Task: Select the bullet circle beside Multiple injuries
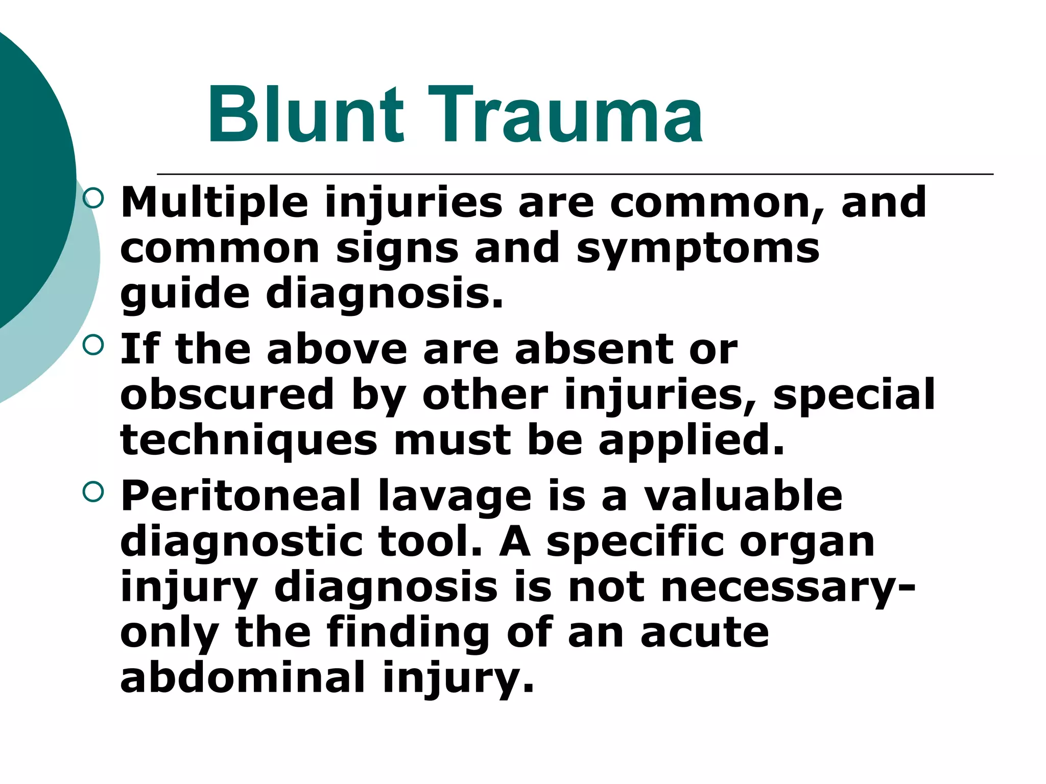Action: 93,198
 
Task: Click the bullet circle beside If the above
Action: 93,345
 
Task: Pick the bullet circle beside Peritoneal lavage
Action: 93,492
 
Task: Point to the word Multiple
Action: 214,203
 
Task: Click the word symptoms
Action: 698,249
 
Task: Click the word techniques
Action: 249,440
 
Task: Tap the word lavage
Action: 455,498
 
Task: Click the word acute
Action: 705,633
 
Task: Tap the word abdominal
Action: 243,678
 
